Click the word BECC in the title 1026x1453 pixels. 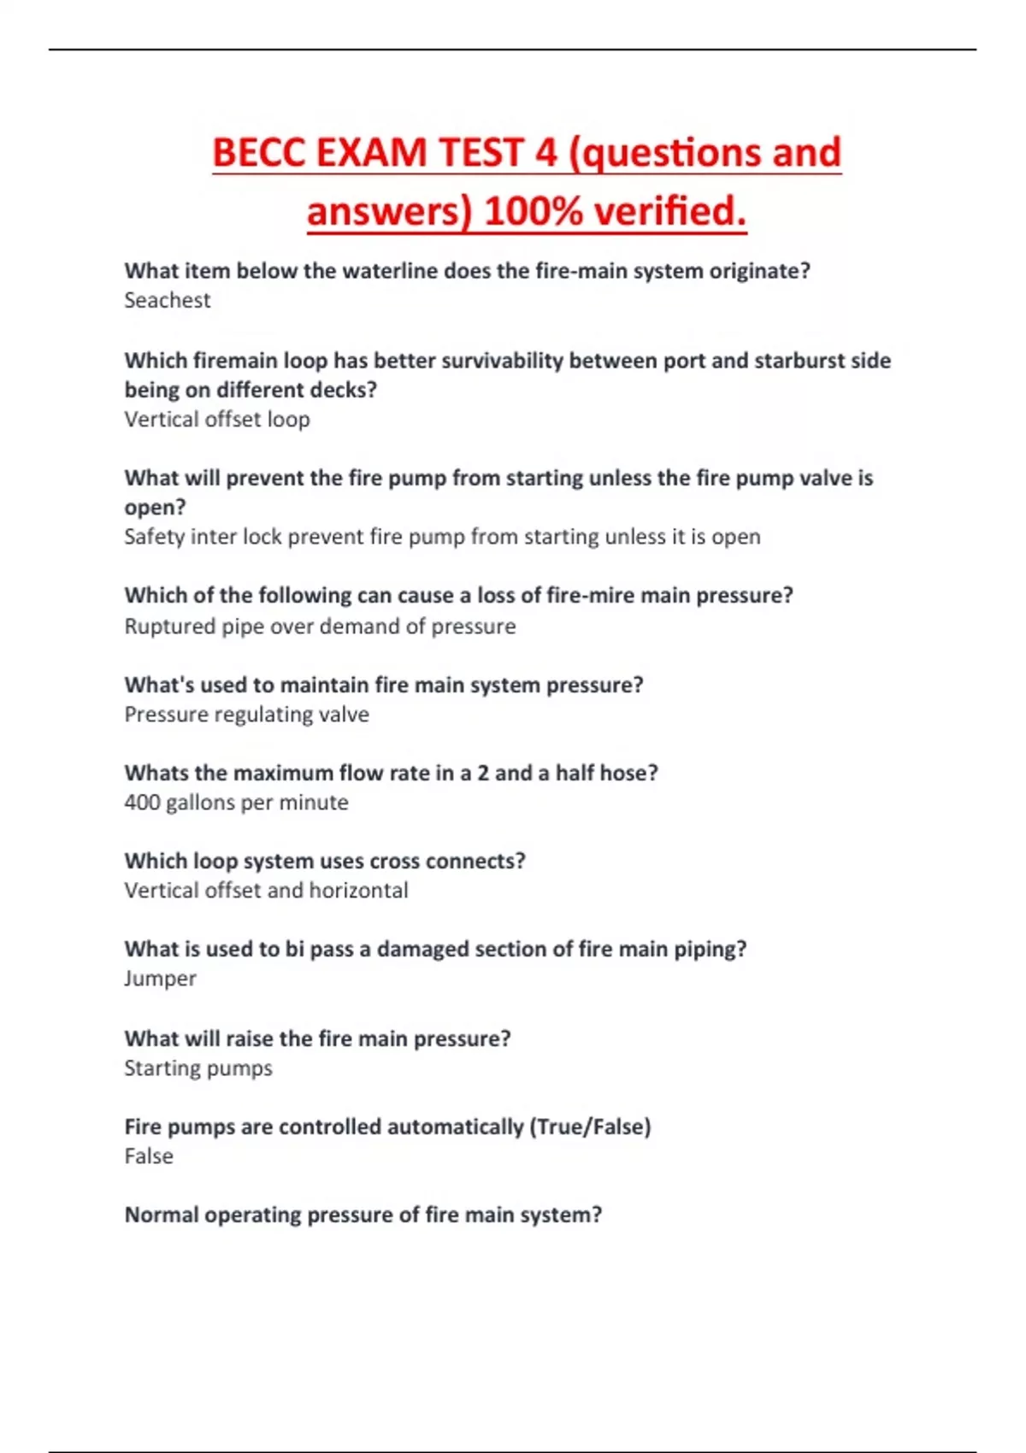pyautogui.click(x=258, y=154)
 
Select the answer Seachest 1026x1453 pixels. pyautogui.click(x=167, y=300)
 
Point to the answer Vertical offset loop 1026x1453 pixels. pyautogui.click(x=217, y=420)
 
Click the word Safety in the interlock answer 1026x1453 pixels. pyautogui.click(x=154, y=537)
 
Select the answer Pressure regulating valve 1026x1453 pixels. pyautogui.click(x=246, y=715)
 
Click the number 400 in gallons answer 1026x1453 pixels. pyautogui.click(x=142, y=803)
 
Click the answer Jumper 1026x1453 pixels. pyautogui.click(x=160, y=979)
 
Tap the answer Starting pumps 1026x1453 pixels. pyautogui.click(x=198, y=1068)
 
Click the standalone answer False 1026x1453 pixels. pyautogui.click(x=149, y=1156)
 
